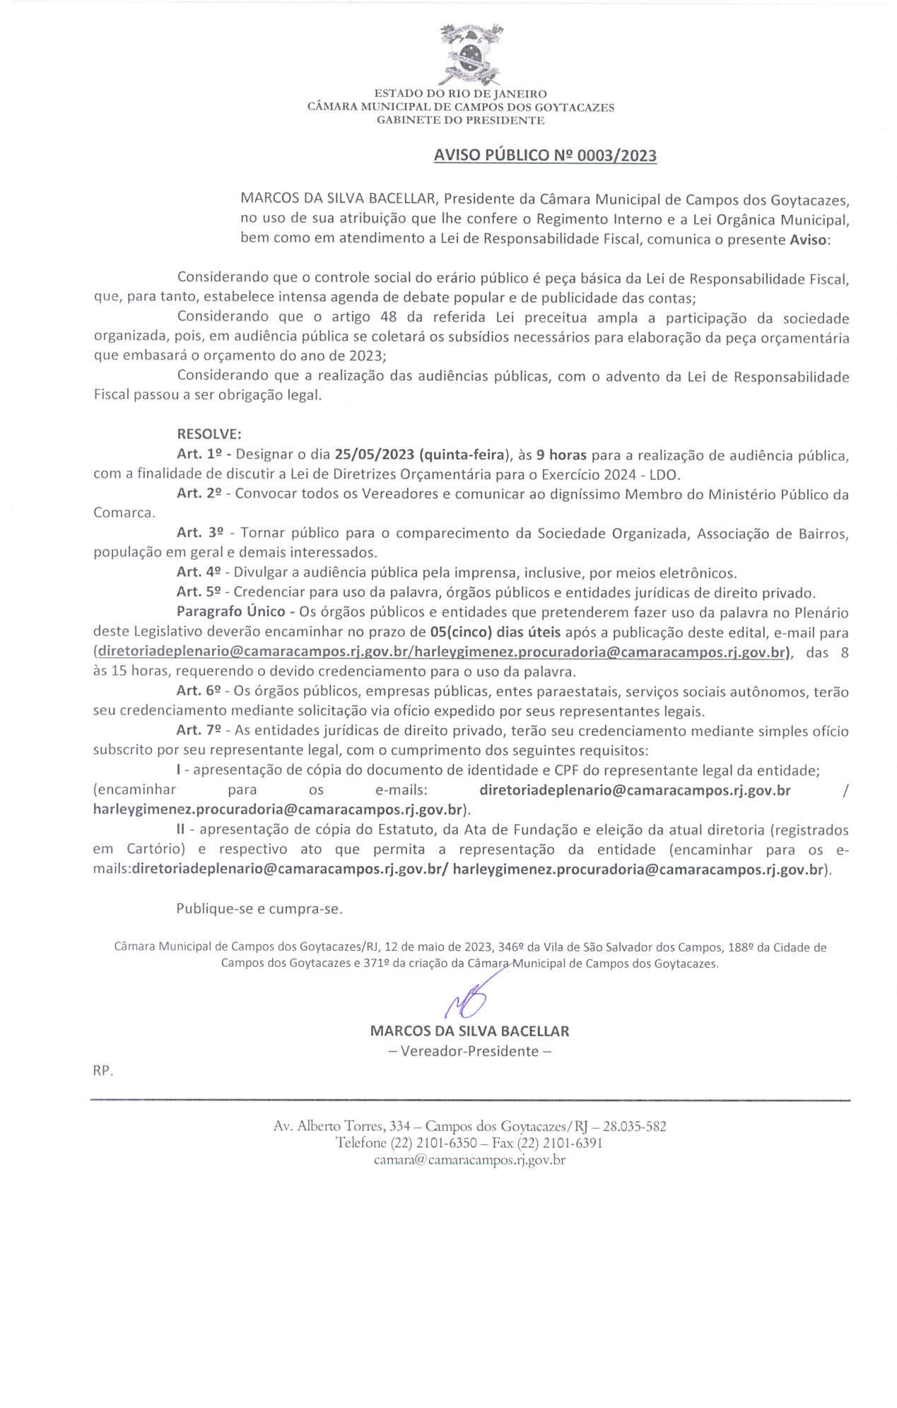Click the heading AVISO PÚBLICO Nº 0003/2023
545,156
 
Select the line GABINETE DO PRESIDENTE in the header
460,121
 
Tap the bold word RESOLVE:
209,434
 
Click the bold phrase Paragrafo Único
231,612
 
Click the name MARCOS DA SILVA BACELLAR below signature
469,1031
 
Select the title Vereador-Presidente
470,1051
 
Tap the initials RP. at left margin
103,1071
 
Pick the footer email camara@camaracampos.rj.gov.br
469,1160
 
